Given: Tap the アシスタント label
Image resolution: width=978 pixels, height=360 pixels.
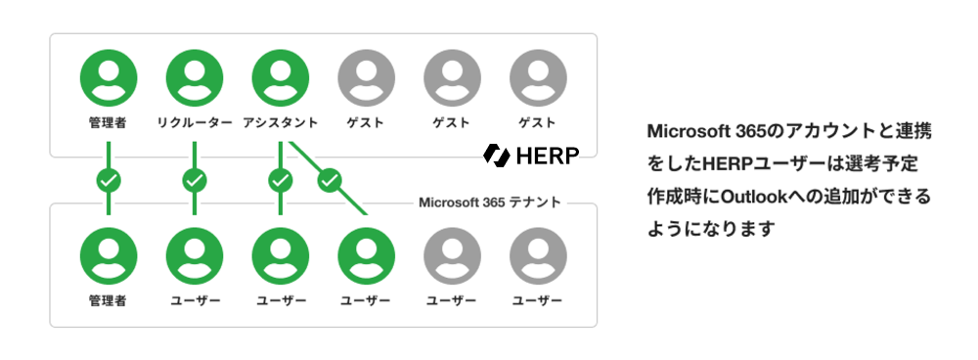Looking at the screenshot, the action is click(280, 123).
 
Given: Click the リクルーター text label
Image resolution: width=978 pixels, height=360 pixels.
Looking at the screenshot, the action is click(195, 123).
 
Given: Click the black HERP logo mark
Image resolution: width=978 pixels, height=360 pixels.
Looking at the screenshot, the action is click(497, 156).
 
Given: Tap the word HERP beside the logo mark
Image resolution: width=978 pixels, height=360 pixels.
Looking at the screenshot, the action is click(548, 156).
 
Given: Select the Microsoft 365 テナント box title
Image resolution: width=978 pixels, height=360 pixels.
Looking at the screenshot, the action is click(490, 202).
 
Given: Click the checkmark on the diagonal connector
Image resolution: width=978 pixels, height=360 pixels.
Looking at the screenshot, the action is click(330, 181).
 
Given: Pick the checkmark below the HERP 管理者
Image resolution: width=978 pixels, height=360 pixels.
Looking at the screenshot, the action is click(109, 181).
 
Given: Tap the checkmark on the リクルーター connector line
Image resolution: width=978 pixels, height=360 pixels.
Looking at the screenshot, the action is click(195, 181).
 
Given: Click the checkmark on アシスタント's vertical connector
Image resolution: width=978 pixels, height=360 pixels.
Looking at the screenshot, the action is click(280, 181).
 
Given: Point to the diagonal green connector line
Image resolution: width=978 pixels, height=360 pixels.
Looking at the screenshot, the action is click(328, 178).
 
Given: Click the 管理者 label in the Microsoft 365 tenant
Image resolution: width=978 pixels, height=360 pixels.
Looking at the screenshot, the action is click(109, 301).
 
